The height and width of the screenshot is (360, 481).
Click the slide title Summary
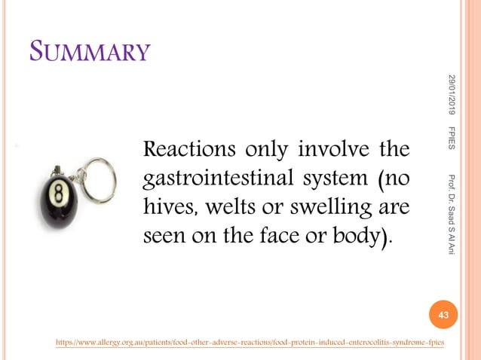point(90,52)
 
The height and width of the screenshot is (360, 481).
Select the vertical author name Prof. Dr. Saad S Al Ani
point(450,215)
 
